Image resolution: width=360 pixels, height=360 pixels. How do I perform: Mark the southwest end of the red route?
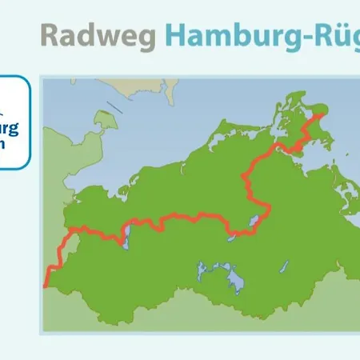point(46,285)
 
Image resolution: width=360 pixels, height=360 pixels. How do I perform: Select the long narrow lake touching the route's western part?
point(125,235)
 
